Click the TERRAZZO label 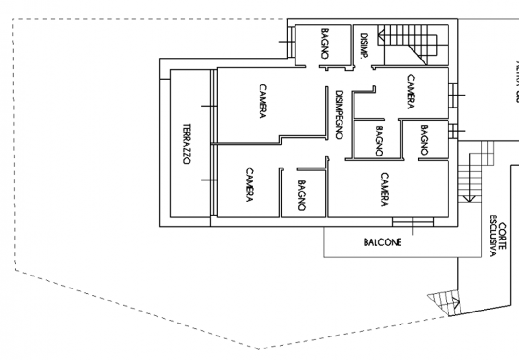[x=187, y=144]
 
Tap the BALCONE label [x=382, y=242]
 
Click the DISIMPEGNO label [x=339, y=115]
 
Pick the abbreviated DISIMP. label [x=364, y=46]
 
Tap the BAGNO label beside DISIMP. [x=325, y=44]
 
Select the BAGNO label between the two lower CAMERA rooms [x=301, y=196]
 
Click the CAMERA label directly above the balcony [x=384, y=190]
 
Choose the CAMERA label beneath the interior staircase [x=411, y=92]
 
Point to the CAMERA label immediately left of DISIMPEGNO [x=262, y=101]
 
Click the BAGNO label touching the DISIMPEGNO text [x=379, y=141]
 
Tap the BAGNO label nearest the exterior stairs [x=424, y=140]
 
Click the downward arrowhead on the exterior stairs [x=469, y=198]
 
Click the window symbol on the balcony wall [x=413, y=222]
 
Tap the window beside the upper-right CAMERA [x=453, y=95]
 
